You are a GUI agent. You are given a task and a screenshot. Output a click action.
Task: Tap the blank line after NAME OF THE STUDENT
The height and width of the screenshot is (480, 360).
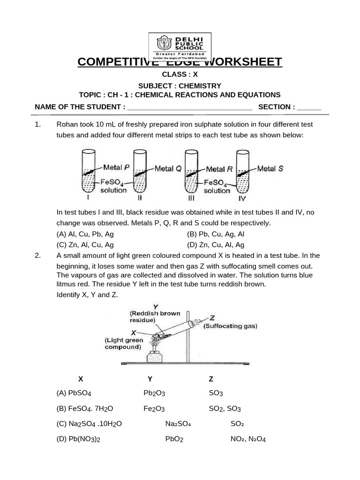tap(189, 107)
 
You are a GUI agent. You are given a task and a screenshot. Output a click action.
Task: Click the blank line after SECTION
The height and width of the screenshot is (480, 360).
tap(309, 107)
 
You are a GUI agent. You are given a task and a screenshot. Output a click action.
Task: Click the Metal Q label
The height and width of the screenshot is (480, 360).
tap(168, 168)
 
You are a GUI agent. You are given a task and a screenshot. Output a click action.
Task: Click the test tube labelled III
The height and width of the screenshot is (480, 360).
tap(191, 171)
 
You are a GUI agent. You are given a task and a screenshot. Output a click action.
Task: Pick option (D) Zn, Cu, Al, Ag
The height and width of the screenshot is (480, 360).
tap(216, 245)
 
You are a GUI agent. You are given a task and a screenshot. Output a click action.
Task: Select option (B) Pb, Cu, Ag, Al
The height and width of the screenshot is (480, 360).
tap(216, 234)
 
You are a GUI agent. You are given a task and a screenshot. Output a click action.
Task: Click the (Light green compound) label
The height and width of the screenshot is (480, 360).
tap(124, 344)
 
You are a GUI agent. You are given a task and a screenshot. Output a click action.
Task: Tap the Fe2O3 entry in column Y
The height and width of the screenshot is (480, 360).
tap(154, 409)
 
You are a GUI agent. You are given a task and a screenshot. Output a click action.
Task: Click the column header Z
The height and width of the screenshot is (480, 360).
tap(211, 379)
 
